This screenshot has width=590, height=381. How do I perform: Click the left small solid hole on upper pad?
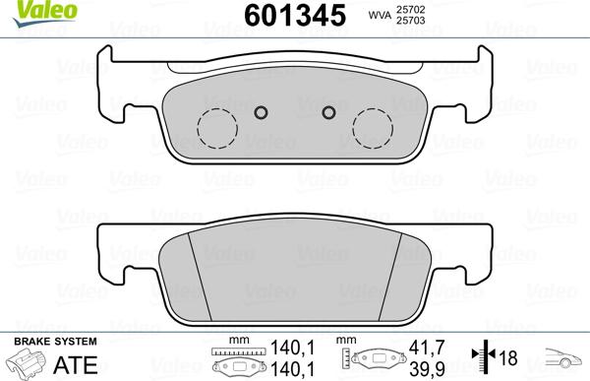261,111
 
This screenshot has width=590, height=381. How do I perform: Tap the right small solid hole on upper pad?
329,111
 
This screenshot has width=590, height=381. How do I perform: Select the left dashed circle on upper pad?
216,127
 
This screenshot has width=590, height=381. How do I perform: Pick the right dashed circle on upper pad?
374,127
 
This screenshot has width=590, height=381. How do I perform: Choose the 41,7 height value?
421,347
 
